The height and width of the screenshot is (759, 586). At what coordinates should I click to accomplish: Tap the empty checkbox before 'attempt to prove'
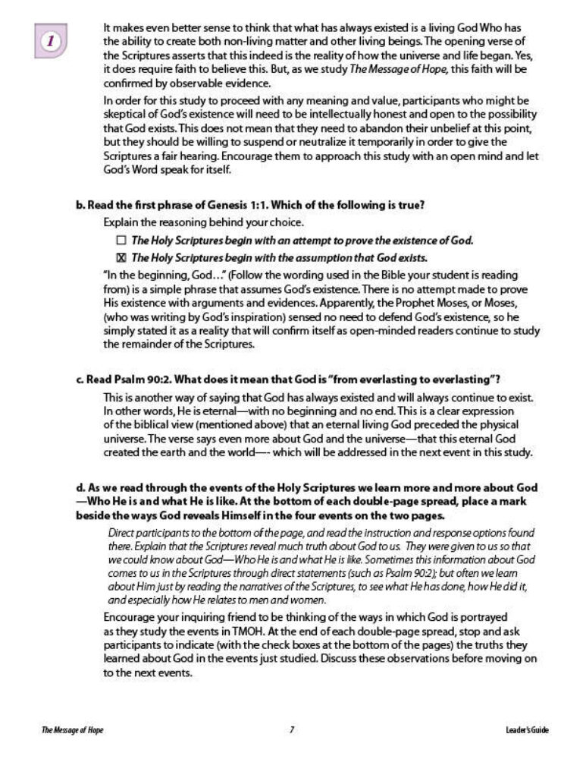[121, 241]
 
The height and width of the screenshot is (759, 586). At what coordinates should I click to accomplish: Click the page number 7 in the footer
[292, 730]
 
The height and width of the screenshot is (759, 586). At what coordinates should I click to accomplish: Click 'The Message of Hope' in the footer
[72, 730]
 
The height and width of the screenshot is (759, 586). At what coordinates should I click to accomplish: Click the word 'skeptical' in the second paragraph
[125, 114]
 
